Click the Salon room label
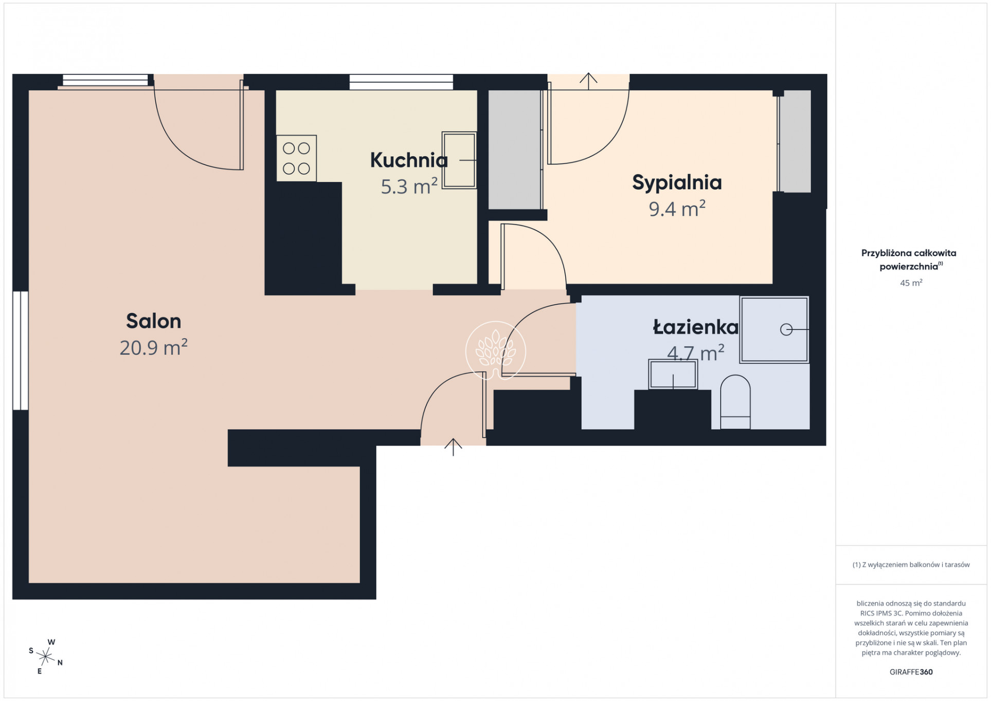coord(153,321)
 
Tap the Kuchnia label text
coord(409,160)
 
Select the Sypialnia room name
coord(677,183)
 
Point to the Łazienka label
coord(695,327)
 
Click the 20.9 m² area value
coord(153,348)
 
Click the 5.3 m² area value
coord(409,187)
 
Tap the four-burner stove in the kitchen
coord(296,158)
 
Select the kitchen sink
coord(459,160)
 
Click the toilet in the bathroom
coord(735,402)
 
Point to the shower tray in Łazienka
coord(774,329)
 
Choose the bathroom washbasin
coord(673,374)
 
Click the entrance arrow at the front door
coord(453,447)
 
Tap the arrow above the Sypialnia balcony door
coord(588,81)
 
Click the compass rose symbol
coord(46,656)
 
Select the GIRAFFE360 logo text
coord(911,672)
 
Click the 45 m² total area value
coord(911,283)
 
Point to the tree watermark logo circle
coord(496,351)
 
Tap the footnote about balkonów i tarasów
coord(911,565)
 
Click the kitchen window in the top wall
coord(401,82)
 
